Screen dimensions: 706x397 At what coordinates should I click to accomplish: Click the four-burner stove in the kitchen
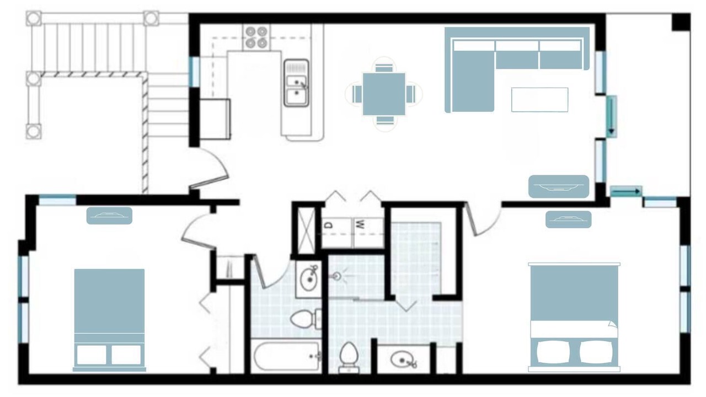point(256,37)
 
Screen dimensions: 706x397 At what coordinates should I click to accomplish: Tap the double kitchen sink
point(296,83)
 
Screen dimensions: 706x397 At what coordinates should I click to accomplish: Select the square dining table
point(384,94)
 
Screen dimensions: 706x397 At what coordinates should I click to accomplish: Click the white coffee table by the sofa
point(539,100)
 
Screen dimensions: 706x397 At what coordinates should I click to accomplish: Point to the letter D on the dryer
point(329,225)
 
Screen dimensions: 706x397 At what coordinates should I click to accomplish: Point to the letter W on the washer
point(360,224)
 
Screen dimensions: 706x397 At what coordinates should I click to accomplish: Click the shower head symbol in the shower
point(337,277)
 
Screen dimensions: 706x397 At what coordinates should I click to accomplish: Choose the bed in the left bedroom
point(109,320)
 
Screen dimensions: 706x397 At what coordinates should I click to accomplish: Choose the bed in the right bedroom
point(574,317)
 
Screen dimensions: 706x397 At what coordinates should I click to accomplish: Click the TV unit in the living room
point(559,186)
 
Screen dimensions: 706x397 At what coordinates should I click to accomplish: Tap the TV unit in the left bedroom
point(109,216)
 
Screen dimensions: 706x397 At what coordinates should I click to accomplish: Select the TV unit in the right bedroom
point(568,219)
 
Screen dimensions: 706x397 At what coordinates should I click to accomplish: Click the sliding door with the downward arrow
point(612,116)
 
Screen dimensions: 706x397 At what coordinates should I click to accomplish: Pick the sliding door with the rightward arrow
point(626,191)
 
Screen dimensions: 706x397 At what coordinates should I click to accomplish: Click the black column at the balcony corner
point(681,22)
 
